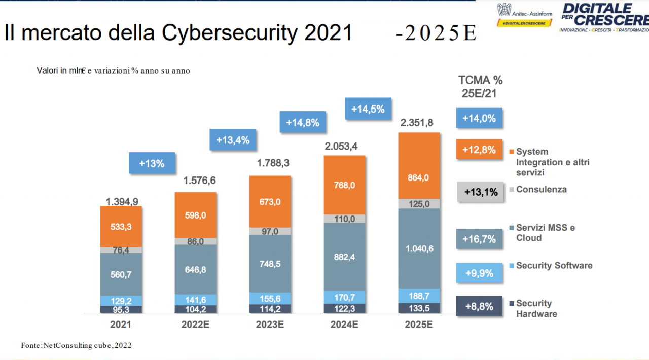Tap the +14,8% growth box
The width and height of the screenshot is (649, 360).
click(x=303, y=122)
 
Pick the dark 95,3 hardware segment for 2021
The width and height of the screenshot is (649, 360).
click(x=121, y=309)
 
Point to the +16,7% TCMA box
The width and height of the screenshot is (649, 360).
click(x=480, y=239)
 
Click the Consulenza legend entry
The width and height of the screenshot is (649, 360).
click(x=541, y=189)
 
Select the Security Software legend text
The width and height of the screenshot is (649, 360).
click(x=554, y=265)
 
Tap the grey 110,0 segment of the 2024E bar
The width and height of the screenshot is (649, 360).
click(x=345, y=219)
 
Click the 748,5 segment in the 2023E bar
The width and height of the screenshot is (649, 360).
click(x=270, y=263)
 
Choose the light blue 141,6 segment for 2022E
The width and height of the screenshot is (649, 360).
click(x=196, y=299)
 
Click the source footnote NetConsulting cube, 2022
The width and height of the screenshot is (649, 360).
click(x=76, y=345)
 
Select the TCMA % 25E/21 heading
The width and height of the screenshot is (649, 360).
click(x=480, y=86)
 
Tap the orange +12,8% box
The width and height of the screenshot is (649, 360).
click(x=480, y=150)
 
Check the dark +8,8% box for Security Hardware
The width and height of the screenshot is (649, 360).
click(x=480, y=306)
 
